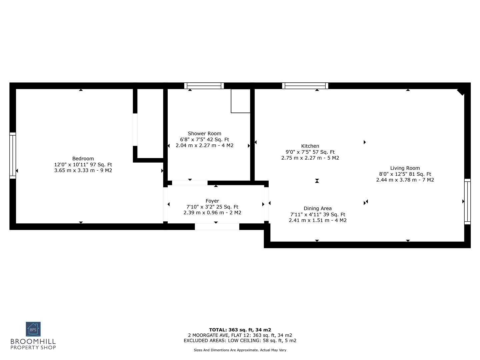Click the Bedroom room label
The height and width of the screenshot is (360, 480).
click(83, 159)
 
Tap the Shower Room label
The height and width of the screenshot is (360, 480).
click(204, 134)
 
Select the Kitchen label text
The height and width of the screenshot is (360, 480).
click(310, 146)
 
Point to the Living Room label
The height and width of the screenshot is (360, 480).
click(405, 168)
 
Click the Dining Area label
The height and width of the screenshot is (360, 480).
click(317, 209)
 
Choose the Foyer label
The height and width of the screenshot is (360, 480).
click(212, 201)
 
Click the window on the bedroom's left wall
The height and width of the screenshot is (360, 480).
click(13, 155)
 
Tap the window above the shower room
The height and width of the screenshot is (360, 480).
click(204, 86)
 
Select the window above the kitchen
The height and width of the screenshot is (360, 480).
click(305, 86)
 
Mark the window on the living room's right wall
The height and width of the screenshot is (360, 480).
click(467, 201)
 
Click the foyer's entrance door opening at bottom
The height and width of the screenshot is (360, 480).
click(217, 227)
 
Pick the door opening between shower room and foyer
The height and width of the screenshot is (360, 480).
click(190, 183)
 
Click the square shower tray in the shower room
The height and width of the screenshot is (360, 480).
click(241, 101)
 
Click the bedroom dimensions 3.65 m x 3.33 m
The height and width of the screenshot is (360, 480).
click(83, 171)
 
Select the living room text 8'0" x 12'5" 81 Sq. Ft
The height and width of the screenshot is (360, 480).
click(405, 174)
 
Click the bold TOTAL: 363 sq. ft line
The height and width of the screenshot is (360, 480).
click(240, 330)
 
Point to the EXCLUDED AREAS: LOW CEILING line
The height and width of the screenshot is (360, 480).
click(240, 341)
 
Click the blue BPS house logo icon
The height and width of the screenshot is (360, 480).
click(33, 329)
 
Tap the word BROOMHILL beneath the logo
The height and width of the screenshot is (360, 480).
click(33, 342)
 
